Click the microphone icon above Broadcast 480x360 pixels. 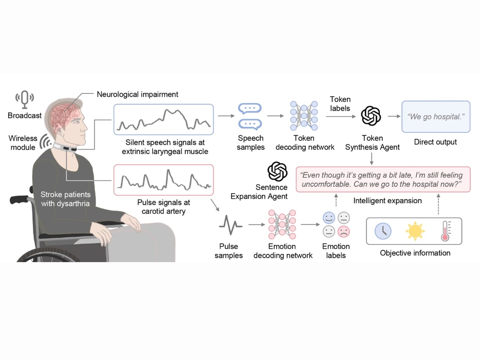coord(24,99)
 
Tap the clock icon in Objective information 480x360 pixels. coord(383,231)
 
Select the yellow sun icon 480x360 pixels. coord(415,231)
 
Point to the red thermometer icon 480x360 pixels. coord(445,231)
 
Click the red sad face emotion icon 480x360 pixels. coord(343,231)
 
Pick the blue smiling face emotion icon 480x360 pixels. coord(329,218)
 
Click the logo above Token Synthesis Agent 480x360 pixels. coord(371,116)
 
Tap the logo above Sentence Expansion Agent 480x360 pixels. coord(277,171)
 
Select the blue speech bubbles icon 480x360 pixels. coord(250,116)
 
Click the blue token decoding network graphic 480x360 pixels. coord(304,115)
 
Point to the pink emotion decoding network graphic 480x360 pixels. coord(282,225)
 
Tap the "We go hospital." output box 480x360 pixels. coord(436,117)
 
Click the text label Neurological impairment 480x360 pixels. coord(137,94)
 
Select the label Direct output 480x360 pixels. coord(435,142)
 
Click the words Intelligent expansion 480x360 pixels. coord(387,201)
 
